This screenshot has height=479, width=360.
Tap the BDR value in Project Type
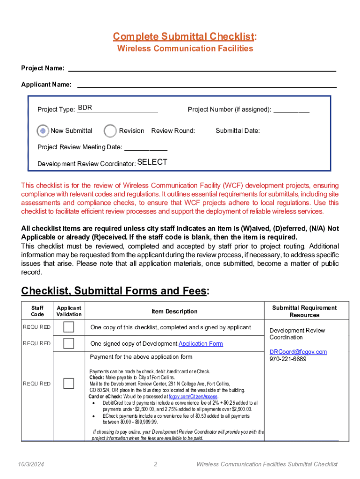pyautogui.click(x=85, y=108)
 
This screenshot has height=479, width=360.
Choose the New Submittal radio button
pyautogui.click(x=43, y=131)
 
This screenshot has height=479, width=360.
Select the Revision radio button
pyautogui.click(x=110, y=131)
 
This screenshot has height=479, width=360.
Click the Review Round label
pyautogui.click(x=173, y=131)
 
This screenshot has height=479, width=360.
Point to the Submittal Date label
pyautogui.click(x=238, y=131)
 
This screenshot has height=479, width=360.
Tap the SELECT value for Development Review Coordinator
pyautogui.click(x=152, y=162)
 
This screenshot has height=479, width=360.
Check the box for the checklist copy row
pyautogui.click(x=69, y=327)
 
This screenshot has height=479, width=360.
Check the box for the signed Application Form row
pyautogui.click(x=69, y=343)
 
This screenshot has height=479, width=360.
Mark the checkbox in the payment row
pyautogui.click(x=69, y=384)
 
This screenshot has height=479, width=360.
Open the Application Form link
pyautogui.click(x=201, y=344)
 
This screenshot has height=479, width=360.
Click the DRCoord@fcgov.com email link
pyautogui.click(x=298, y=352)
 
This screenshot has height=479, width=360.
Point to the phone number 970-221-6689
pyautogui.click(x=288, y=359)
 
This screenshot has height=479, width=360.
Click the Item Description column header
pyautogui.click(x=174, y=312)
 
